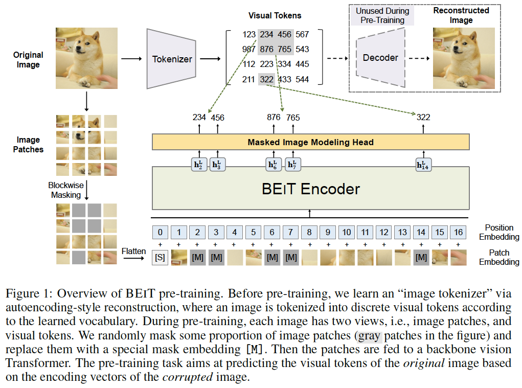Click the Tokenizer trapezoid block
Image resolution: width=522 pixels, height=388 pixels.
[172, 59]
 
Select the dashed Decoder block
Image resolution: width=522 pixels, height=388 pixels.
[380, 58]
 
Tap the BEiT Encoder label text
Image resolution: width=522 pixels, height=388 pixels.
[310, 189]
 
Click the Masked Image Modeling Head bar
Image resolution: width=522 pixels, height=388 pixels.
[310, 142]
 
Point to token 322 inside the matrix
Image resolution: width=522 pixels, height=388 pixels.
[266, 80]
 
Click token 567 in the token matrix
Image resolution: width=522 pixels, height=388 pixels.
[302, 34]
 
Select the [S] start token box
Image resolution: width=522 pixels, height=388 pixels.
[160, 258]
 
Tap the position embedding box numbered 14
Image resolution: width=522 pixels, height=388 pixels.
[421, 233]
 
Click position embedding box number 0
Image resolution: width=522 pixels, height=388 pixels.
[160, 233]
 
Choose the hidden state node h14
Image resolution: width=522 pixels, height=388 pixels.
[422, 165]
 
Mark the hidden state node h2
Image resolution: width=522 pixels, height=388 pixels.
[199, 165]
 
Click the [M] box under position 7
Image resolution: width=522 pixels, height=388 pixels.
[291, 258]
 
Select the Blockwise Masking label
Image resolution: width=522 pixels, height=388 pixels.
[65, 190]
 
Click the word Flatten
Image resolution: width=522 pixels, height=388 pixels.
[134, 251]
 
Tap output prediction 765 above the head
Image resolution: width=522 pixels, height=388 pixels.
[293, 118]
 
